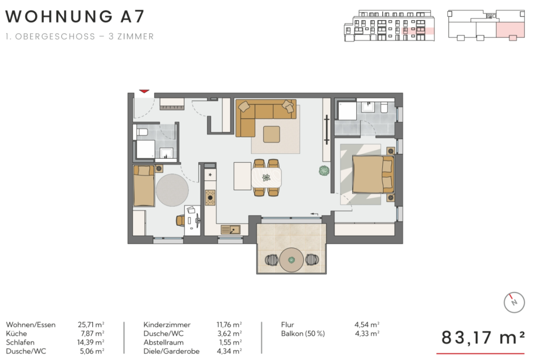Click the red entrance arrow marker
coord(144,91)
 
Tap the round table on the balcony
coord(291,260)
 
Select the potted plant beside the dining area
coord(324,171)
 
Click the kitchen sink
coord(231,229)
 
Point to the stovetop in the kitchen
coord(210,198)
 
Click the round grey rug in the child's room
coord(172,190)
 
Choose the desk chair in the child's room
coord(180,220)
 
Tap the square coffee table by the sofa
coord(272,134)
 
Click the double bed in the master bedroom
coord(373,174)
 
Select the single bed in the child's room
coord(144,186)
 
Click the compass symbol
coord(514,303)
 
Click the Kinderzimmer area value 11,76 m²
coord(229,325)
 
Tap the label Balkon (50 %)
coord(303,334)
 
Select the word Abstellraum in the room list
coord(164,342)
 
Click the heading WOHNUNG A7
coord(75,16)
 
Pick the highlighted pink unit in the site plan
coord(510,30)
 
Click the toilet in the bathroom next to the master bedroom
coord(384,107)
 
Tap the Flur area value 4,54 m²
coord(367,325)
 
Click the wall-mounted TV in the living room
coord(326,130)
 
